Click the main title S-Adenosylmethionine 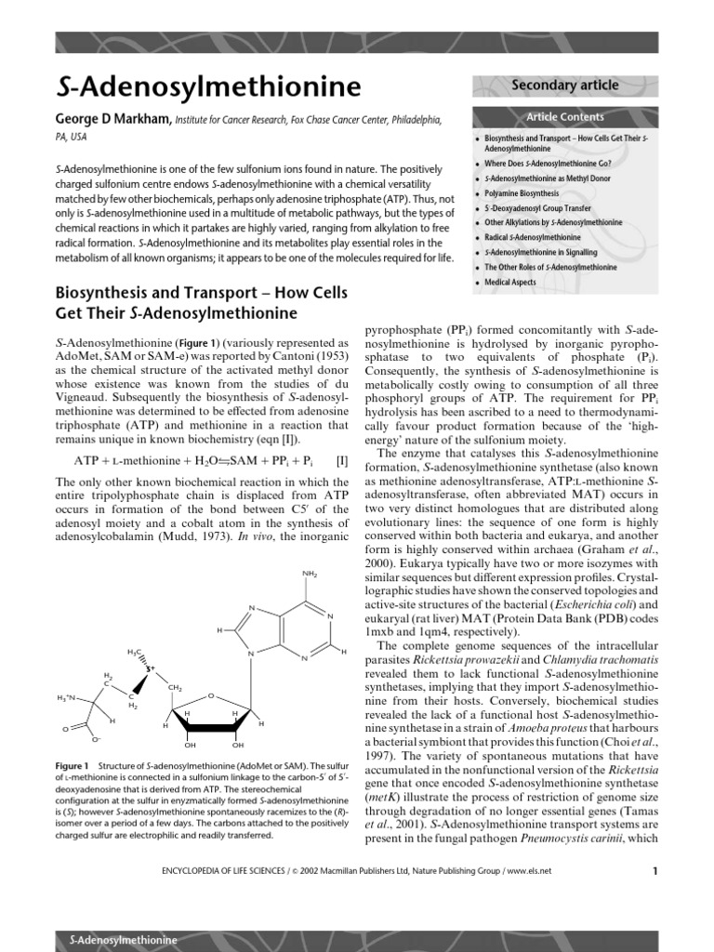tap(209, 87)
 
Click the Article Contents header tap(565, 117)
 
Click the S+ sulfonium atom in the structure tap(149, 668)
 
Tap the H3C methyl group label tap(134, 653)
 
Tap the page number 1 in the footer tap(654, 871)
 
